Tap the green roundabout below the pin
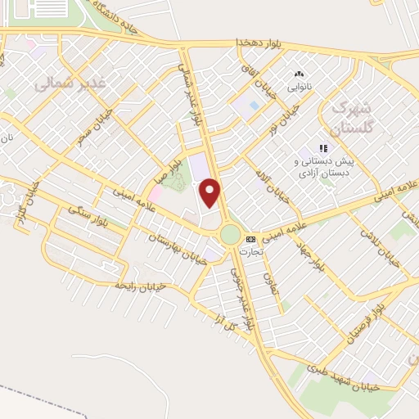click(231, 235)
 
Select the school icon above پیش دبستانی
click(323, 148)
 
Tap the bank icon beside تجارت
click(250, 239)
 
